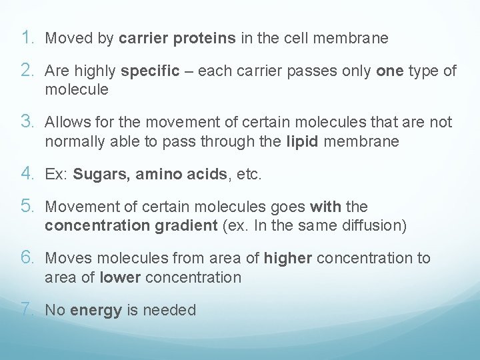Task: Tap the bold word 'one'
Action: pyautogui.click(x=390, y=71)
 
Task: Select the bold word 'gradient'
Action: pyautogui.click(x=189, y=226)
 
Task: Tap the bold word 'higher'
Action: pyautogui.click(x=288, y=258)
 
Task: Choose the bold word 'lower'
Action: pyautogui.click(x=120, y=277)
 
